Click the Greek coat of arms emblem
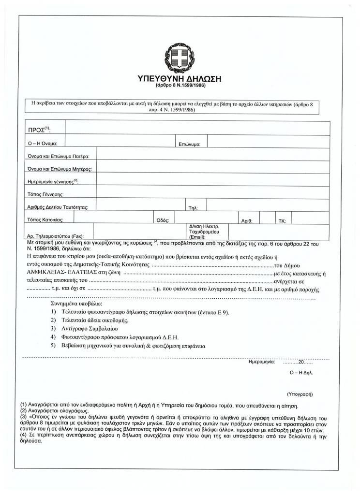point(180,56)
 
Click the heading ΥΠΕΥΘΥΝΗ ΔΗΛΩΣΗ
point(180,79)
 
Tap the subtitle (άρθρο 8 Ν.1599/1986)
point(180,86)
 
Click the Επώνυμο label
point(193,144)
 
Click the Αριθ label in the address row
point(247,221)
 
